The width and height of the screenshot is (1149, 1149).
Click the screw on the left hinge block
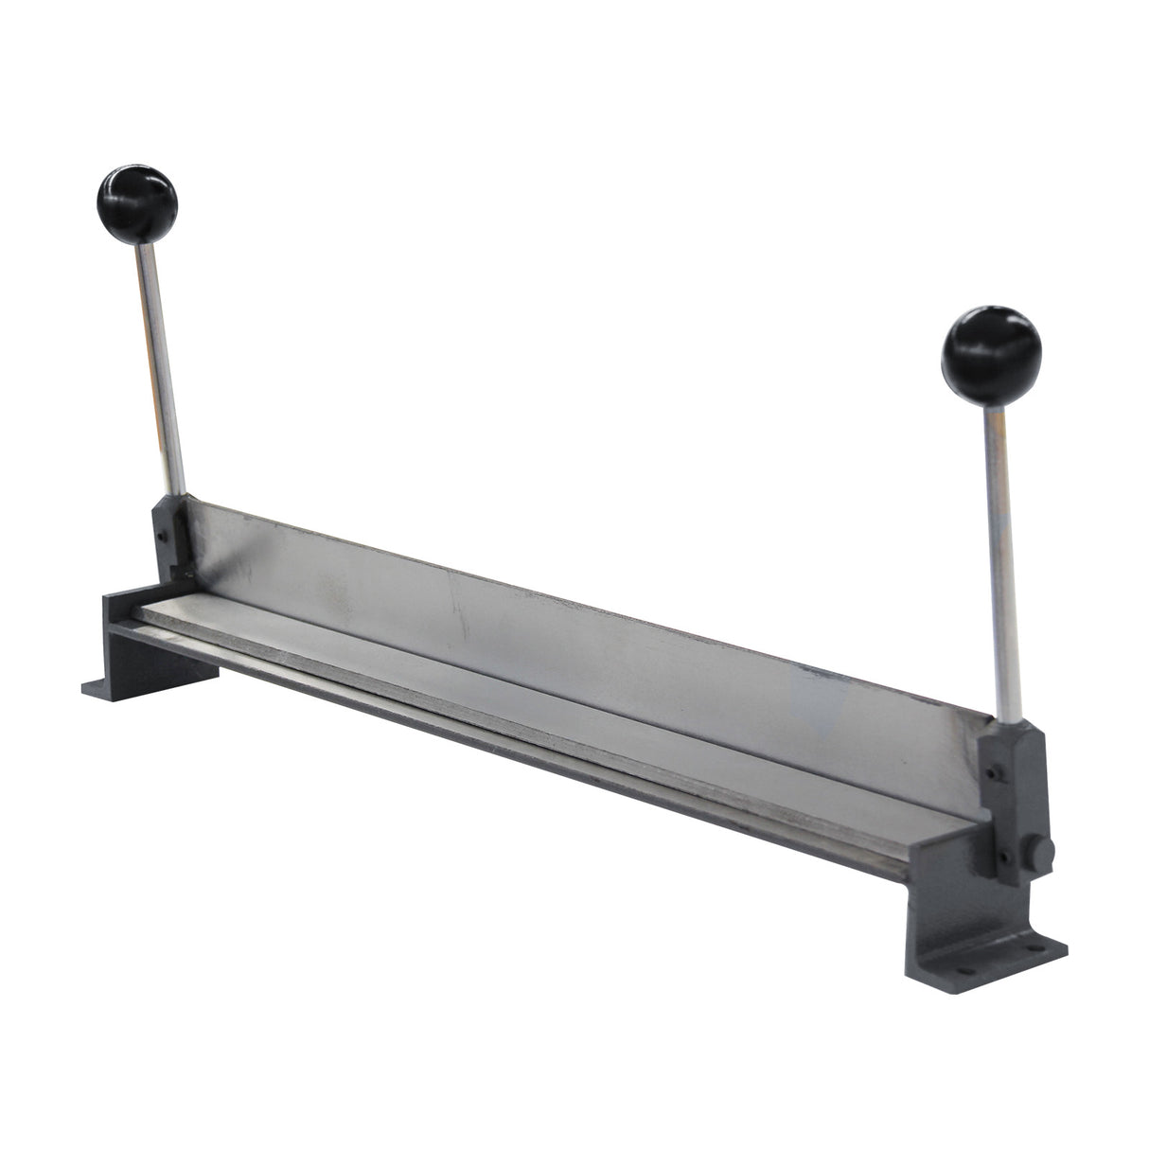coord(163,536)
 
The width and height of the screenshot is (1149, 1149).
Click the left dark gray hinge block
coord(172,539)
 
